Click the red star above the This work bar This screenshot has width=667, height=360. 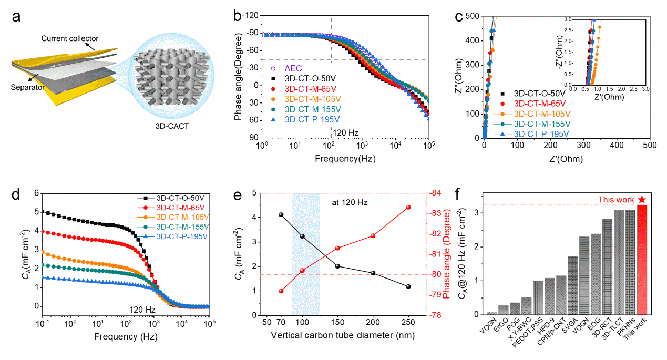pos(642,199)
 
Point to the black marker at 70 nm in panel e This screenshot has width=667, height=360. pos(281,214)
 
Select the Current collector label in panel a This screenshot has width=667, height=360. pos(69,38)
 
